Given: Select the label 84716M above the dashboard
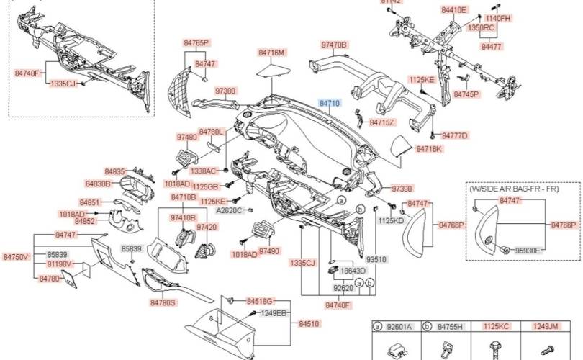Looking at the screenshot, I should tap(272, 53).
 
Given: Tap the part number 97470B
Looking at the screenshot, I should tap(333, 45).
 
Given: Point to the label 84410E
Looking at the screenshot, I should tap(454, 10).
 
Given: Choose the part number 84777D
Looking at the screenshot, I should tap(454, 135).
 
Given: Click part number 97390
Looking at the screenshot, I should tap(402, 188).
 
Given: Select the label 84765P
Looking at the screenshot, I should tap(196, 43).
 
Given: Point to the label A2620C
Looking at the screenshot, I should tap(230, 211).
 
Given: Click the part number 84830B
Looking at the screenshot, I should tap(98, 184).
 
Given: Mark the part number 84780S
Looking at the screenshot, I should tap(163, 302).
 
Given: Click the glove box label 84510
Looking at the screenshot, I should tap(308, 324).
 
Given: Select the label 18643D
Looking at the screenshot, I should tap(353, 271).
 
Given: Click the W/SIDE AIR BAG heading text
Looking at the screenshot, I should tap(514, 189).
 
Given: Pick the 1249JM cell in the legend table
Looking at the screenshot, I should tap(545, 326).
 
